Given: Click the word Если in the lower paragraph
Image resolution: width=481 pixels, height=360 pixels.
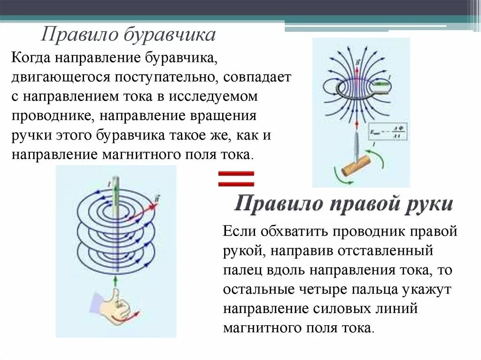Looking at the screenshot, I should [239, 231].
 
